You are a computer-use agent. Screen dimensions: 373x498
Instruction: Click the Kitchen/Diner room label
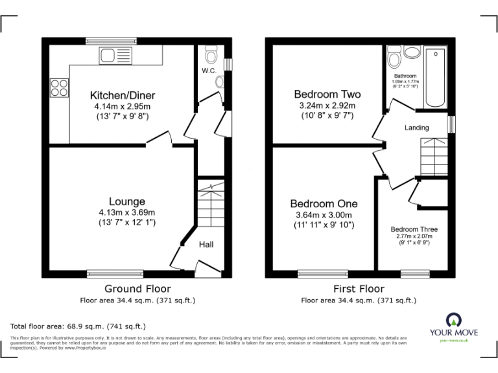click(123, 95)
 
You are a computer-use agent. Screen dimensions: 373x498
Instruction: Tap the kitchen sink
click(117, 56)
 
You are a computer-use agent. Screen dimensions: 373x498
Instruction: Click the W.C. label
click(208, 71)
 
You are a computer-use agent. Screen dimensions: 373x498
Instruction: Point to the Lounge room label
click(126, 201)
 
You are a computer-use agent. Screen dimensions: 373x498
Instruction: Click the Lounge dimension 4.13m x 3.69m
click(126, 212)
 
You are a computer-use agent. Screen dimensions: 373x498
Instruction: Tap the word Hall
click(206, 244)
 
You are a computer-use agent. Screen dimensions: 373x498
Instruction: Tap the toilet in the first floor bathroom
click(394, 60)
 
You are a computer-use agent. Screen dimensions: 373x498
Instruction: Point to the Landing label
click(417, 128)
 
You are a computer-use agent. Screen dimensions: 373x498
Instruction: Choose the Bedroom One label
click(324, 203)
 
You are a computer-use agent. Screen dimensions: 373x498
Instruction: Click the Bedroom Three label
click(414, 229)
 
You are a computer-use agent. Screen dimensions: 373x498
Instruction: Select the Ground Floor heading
click(138, 289)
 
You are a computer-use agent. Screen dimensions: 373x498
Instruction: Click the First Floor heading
click(359, 289)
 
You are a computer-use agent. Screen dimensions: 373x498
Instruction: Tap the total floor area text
click(78, 326)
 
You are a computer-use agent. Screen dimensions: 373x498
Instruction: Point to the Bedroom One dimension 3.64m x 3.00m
click(324, 215)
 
